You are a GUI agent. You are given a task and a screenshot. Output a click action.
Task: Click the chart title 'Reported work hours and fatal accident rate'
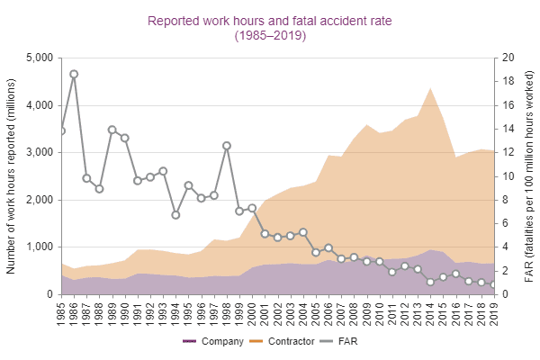(x=270, y=19)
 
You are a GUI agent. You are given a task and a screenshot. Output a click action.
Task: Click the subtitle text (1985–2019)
(x=270, y=36)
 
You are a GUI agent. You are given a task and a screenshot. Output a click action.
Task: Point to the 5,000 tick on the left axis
(x=40, y=58)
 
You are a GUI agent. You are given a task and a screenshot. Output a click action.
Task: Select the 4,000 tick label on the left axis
(x=40, y=105)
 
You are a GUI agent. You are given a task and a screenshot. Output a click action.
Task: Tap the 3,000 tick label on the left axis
(x=40, y=153)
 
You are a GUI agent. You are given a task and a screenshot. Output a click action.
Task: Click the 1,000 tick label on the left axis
(x=40, y=247)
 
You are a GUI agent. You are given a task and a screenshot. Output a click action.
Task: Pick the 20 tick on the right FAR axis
(x=508, y=58)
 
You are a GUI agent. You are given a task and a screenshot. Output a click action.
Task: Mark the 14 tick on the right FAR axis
(x=508, y=129)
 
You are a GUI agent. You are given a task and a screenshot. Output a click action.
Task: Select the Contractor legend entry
(x=281, y=342)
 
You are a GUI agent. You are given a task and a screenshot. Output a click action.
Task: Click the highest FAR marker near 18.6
(x=74, y=74)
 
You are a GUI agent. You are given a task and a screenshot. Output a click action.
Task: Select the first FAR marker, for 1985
(x=61, y=130)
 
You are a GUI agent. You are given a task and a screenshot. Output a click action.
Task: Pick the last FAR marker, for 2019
(x=493, y=285)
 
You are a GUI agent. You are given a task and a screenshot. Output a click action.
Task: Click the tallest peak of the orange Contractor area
(x=430, y=88)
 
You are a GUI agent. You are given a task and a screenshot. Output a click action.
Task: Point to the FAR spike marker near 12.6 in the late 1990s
(x=227, y=146)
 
